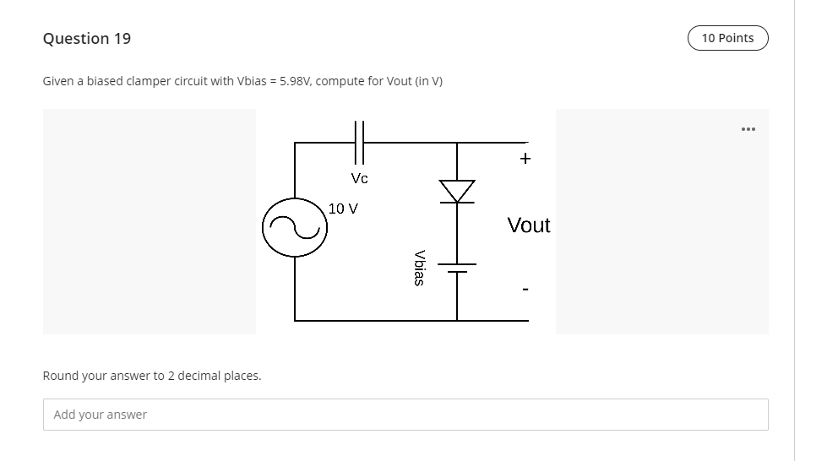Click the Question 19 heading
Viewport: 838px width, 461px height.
coord(87,39)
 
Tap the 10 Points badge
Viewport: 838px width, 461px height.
coord(727,38)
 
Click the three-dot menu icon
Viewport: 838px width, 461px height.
coord(747,129)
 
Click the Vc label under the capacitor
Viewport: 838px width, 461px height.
coord(359,178)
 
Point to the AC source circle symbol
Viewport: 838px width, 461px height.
coord(295,227)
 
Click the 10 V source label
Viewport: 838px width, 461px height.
coord(343,208)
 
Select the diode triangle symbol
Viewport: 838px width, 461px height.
coord(457,191)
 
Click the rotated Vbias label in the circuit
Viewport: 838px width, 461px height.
coord(418,267)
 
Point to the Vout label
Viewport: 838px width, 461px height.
coord(529,225)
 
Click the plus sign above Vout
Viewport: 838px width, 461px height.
coord(525,158)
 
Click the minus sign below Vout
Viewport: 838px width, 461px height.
coord(525,290)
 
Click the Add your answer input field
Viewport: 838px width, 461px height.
coord(405,415)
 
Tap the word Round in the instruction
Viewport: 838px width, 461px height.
coord(60,376)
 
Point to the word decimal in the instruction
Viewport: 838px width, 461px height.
coord(203,376)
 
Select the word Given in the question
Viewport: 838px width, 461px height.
coord(58,81)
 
